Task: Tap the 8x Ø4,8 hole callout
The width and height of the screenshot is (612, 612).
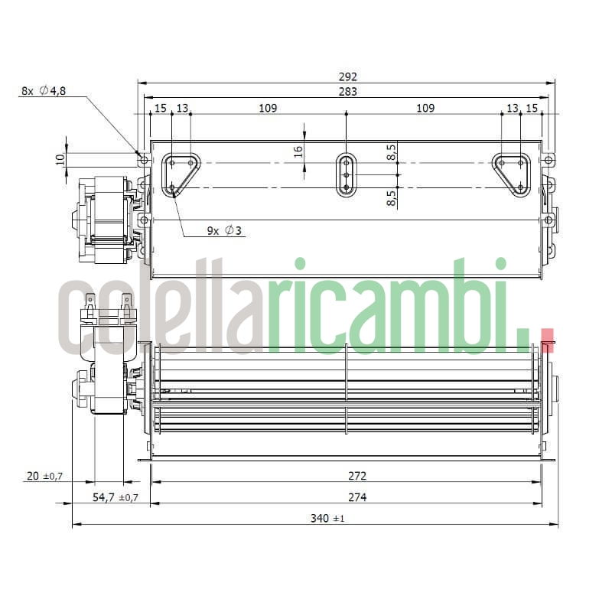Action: [x=44, y=91]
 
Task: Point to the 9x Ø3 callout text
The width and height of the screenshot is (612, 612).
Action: [x=224, y=230]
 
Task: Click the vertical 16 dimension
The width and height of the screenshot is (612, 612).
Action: [x=299, y=151]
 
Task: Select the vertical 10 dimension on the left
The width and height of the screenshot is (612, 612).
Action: [x=60, y=159]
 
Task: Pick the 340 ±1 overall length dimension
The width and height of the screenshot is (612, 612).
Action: [x=328, y=519]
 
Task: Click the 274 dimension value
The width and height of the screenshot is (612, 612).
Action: [x=356, y=497]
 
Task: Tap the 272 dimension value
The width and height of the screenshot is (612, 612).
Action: [x=356, y=475]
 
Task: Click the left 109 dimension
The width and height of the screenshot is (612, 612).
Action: [x=267, y=109]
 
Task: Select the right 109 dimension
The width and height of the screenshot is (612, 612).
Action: [x=425, y=109]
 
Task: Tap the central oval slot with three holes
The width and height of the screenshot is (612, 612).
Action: [x=347, y=175]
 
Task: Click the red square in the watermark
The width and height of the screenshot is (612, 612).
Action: [x=547, y=340]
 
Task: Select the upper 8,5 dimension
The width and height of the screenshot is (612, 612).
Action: [x=392, y=152]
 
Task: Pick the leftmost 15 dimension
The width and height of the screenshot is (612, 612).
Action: [x=160, y=109]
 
